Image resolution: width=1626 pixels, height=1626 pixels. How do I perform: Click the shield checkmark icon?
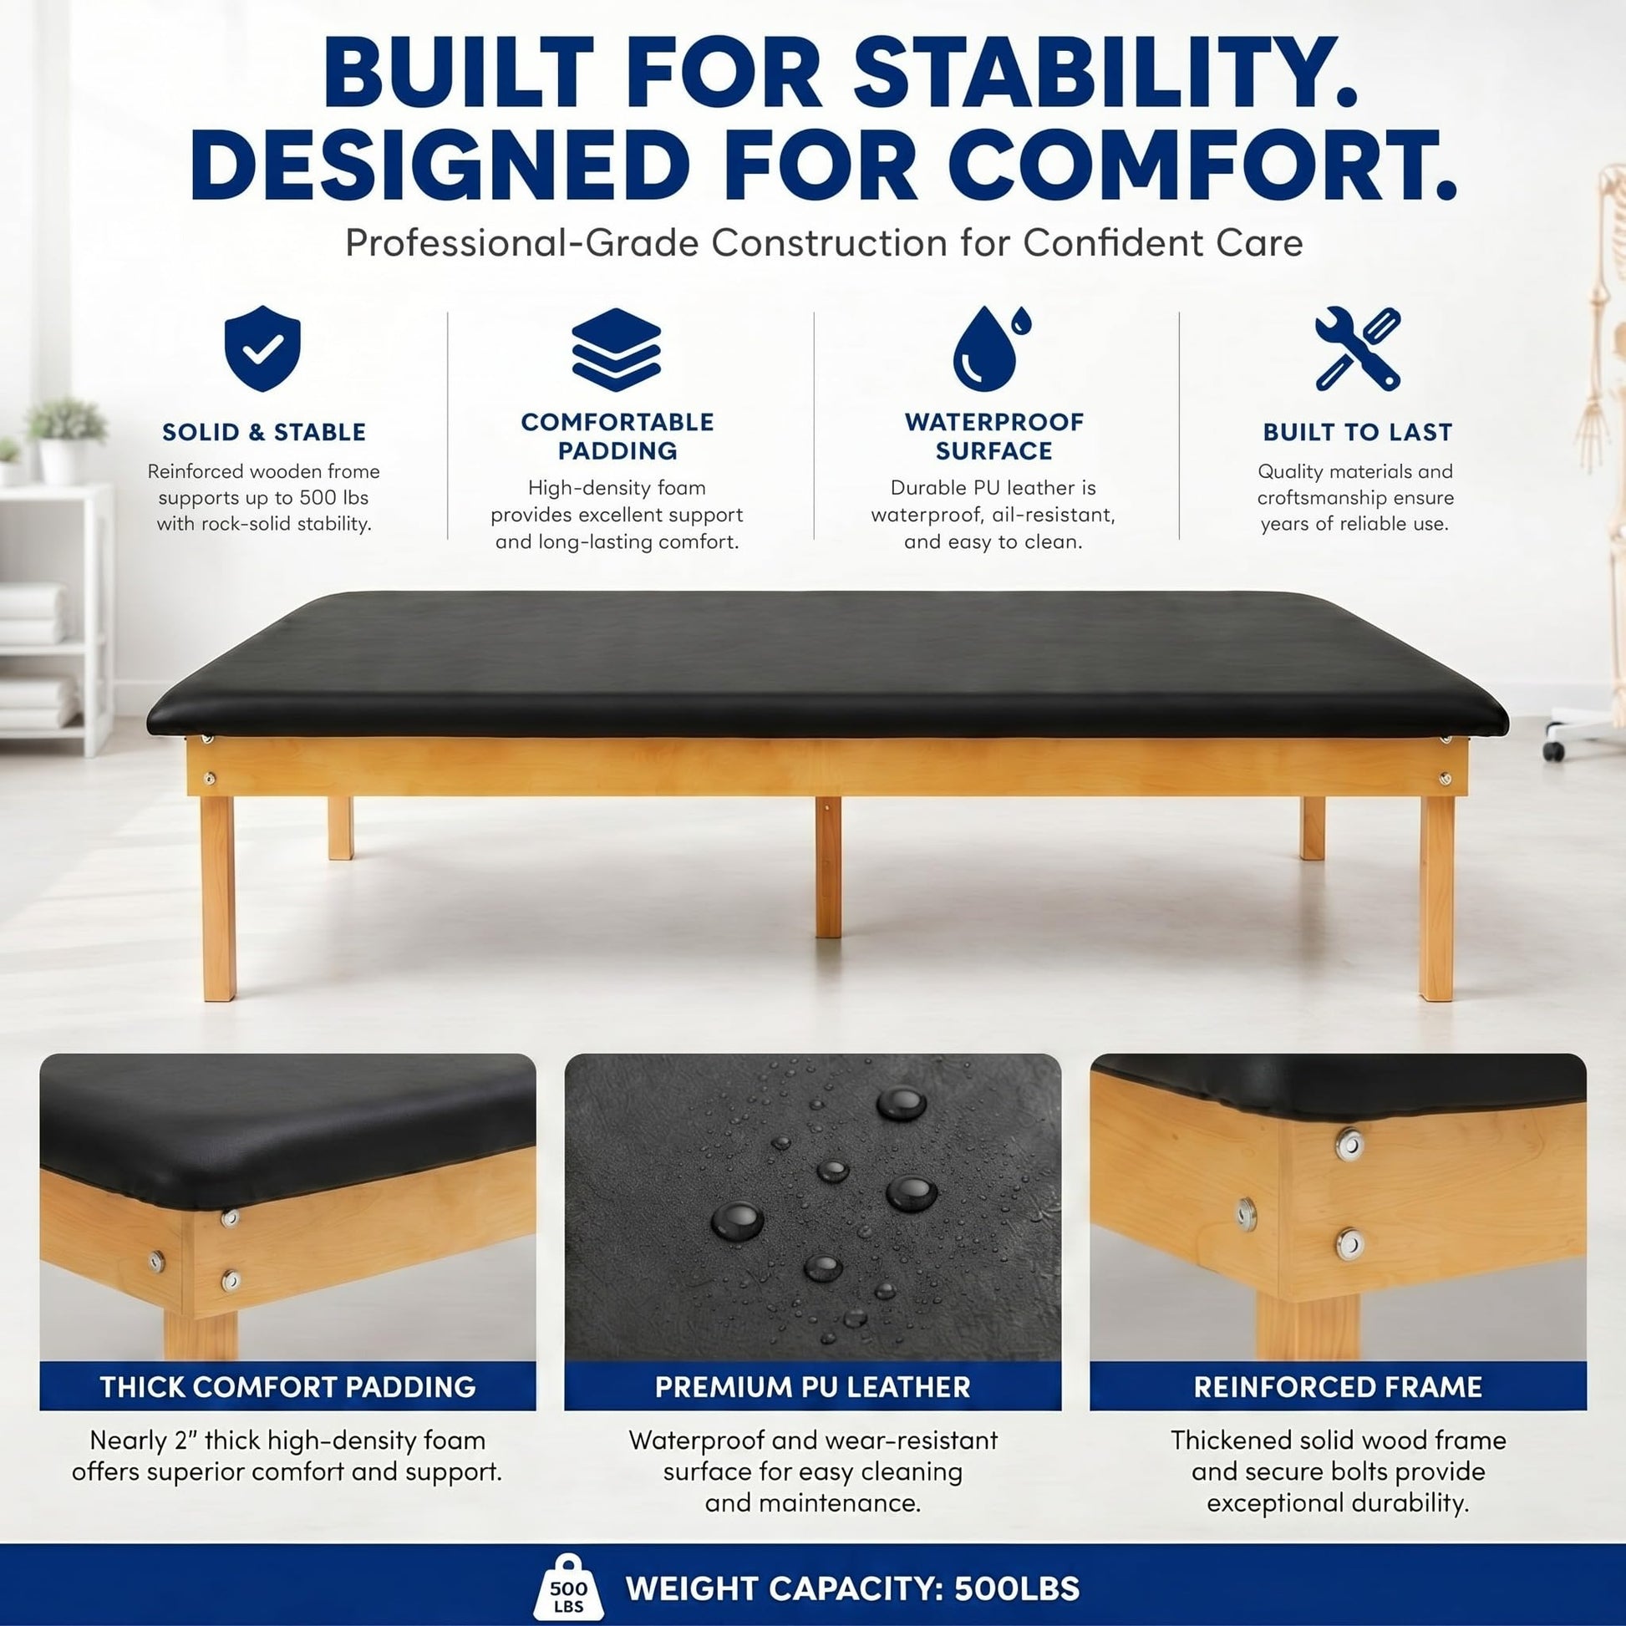262,348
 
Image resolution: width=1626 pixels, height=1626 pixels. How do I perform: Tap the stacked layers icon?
616,349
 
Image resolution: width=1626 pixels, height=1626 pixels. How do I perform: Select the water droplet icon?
991,348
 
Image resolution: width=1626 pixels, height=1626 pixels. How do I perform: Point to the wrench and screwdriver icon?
1358,348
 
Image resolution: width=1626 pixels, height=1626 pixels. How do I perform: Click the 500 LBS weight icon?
567,1586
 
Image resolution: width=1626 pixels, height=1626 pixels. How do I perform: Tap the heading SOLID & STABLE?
264,432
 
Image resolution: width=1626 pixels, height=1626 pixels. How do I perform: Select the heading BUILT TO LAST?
1358,432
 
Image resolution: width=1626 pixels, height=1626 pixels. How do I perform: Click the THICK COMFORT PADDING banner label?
287,1386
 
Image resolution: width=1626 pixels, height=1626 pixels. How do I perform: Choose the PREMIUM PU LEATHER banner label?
813,1386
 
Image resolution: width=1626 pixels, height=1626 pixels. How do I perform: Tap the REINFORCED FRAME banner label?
1339,1386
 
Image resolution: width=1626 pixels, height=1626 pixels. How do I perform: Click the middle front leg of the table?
828,866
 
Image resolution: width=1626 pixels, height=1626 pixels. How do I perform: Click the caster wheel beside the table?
1553,749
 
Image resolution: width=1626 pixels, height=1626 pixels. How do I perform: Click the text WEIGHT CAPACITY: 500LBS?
852,1588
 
